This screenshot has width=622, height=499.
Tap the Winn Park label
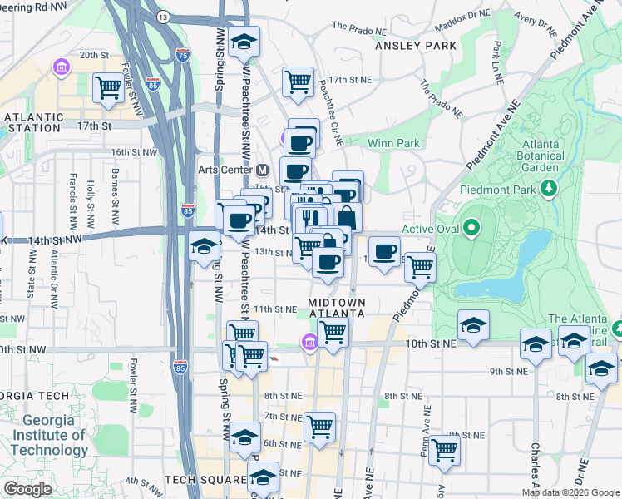(x=393, y=143)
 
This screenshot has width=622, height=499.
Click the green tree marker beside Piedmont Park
(x=549, y=190)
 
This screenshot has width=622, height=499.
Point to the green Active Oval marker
(x=471, y=228)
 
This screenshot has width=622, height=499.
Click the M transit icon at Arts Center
(x=263, y=170)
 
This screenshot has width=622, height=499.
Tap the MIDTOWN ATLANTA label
(x=336, y=308)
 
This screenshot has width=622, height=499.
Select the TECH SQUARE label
(x=203, y=480)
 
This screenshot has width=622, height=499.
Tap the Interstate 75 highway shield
(x=183, y=56)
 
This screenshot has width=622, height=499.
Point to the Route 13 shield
(x=163, y=17)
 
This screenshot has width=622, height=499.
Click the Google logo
(x=27, y=489)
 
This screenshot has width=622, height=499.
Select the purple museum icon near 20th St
(x=60, y=66)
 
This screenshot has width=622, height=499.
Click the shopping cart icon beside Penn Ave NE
(x=445, y=450)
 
